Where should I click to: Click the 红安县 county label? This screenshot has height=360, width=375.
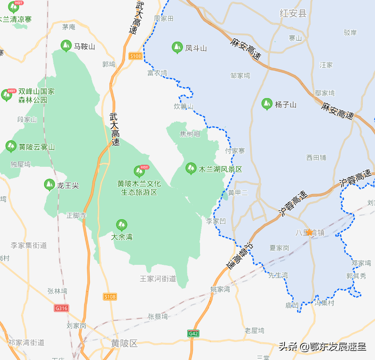pos(293,13)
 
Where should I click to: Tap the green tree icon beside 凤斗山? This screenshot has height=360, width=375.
pos(177,48)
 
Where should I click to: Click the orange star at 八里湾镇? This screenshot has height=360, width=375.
pos(309,232)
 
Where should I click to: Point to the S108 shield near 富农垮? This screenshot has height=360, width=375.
pos(136,56)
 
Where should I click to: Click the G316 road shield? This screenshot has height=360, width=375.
pos(62,308)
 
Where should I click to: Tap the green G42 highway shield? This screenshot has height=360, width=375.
pos(194,334)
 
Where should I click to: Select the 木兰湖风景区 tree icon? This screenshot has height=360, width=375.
pos(190,169)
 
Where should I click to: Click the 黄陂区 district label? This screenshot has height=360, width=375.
pos(124,343)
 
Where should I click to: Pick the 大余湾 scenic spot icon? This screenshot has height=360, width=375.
pos(121,225)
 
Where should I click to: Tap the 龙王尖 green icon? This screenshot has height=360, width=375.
pos(50,185)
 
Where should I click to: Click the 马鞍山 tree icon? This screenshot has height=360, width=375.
pos(65,47)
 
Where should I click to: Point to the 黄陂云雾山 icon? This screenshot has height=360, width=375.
pos(11,146)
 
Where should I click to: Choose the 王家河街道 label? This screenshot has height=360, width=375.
pos(158,279)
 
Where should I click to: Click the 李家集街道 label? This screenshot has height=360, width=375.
pos(29,245)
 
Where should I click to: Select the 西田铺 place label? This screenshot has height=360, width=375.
pos(316,157)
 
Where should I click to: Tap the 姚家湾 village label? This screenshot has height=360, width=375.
pos(220,289)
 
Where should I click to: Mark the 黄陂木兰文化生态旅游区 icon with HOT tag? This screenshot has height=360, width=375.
pos(139,172)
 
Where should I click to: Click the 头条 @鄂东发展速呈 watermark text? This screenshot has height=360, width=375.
pos(322,347)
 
